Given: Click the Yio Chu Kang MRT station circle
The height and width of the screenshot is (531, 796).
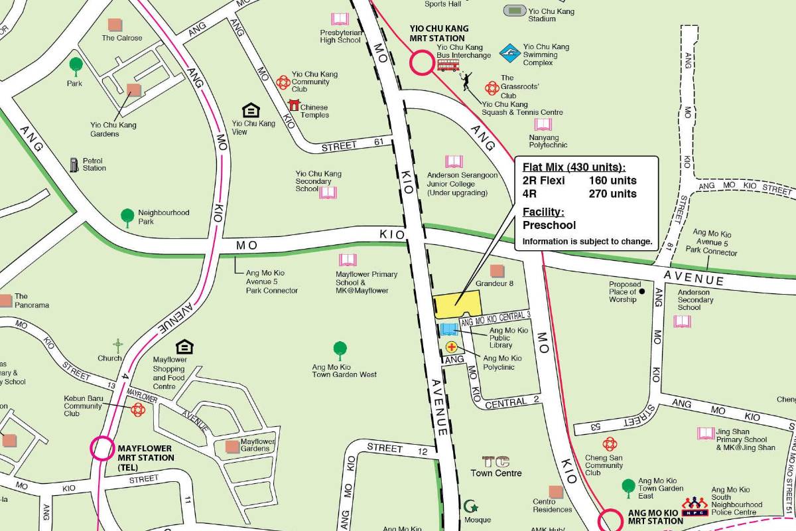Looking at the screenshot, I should tap(421, 64).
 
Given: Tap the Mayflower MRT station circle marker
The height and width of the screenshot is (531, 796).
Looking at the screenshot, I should tap(102, 448).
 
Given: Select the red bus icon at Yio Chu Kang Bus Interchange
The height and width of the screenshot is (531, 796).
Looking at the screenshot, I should tap(448, 65).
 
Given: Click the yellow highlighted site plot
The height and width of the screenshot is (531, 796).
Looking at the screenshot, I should tap(456, 305).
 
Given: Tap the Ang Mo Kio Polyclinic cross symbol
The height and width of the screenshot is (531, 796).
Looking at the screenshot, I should tap(452, 346).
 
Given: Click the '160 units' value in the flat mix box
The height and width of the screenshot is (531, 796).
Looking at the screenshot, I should tap(612, 181).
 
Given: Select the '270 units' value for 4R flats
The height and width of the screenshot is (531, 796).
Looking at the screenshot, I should tap(612, 194).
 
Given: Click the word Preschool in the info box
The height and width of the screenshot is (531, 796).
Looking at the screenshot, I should tap(549, 225).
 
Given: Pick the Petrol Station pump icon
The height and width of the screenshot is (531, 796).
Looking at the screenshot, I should tap(74, 164).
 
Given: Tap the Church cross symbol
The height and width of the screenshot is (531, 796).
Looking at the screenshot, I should tap(118, 346).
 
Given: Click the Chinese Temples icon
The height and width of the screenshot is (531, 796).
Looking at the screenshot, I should tap(294, 105).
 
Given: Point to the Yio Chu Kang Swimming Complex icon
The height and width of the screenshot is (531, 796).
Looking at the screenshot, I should tap(509, 52).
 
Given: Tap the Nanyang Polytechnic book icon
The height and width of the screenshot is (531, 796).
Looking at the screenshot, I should tap(543, 125).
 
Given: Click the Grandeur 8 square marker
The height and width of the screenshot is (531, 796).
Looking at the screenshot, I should tap(496, 271).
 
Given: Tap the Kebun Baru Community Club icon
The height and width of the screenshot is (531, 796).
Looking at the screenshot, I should tap(138, 410).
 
